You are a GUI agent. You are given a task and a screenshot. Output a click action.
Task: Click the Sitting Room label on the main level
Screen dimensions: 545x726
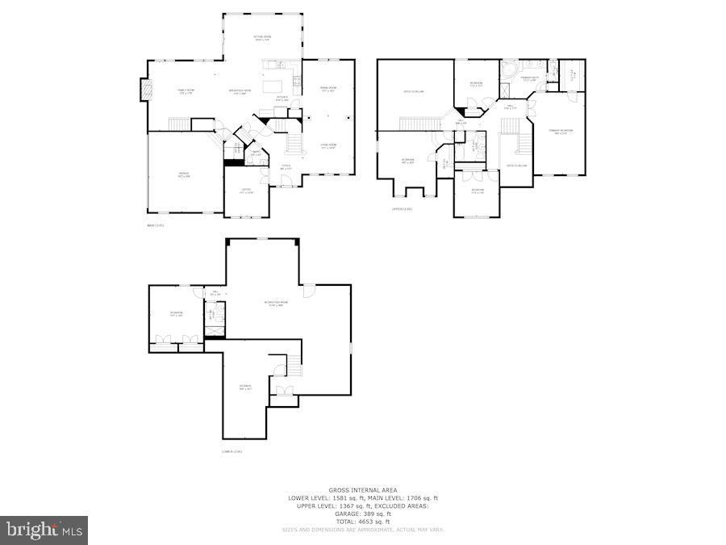point(263,38)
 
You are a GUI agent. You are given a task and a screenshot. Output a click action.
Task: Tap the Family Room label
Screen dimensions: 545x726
point(186,92)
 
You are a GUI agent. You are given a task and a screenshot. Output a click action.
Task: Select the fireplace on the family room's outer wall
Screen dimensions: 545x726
point(145,89)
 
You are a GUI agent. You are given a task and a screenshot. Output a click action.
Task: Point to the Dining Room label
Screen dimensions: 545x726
point(328,89)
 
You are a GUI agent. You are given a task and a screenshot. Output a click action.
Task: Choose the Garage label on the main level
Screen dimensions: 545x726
point(184,175)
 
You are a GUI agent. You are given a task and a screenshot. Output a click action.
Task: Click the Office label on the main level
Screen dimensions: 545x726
point(246,191)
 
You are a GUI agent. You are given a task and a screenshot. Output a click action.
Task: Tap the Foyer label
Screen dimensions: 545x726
point(286,167)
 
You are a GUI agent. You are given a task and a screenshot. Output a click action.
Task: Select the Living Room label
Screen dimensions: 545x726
point(328,146)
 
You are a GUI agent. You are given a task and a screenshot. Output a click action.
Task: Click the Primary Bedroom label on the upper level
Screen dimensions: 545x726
point(560,131)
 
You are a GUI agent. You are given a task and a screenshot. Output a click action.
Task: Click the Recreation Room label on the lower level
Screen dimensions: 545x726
point(275,304)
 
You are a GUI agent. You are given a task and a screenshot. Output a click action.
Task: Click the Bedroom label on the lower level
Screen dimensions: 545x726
point(176,314)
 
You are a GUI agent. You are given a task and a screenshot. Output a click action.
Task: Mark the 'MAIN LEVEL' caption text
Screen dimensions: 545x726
point(155,225)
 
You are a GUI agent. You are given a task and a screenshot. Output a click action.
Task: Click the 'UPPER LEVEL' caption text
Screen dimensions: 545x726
point(402,209)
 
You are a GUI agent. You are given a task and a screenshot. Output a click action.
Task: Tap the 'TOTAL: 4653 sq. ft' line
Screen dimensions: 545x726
point(362,521)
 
